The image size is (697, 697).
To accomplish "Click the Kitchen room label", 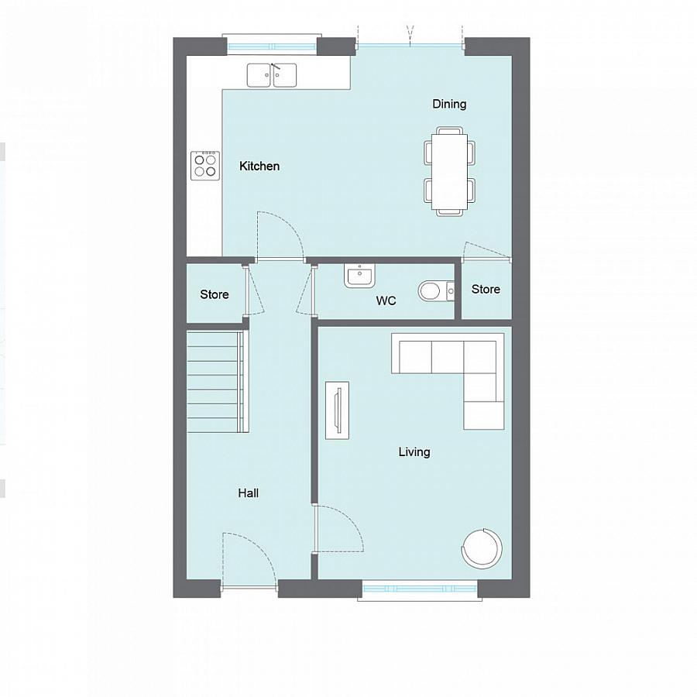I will [259, 167].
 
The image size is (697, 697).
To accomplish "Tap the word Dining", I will [449, 105].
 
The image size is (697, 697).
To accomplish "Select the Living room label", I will [414, 452].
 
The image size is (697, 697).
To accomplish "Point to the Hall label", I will [249, 493].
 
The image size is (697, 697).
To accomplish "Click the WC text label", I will [386, 300].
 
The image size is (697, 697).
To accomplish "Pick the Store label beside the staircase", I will [215, 295].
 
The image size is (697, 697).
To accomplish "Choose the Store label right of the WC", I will [486, 290].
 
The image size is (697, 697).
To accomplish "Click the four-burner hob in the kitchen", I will [205, 165].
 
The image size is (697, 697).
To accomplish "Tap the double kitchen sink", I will [272, 75].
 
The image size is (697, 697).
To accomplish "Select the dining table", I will [449, 173].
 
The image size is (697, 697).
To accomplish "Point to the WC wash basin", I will [360, 276].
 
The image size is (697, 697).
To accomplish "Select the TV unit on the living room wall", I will [337, 410].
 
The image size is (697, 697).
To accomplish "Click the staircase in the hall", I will [218, 381].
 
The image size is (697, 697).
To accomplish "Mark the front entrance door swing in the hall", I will [249, 559].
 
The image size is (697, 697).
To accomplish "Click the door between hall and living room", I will [338, 530].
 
